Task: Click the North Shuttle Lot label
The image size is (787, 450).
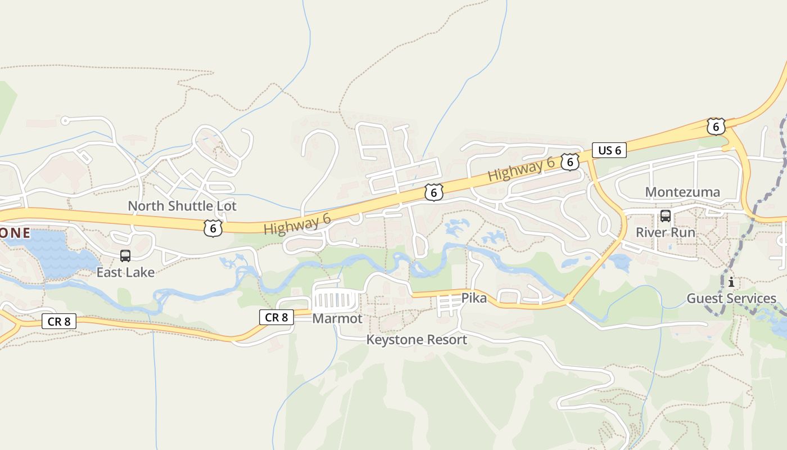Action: (182, 206)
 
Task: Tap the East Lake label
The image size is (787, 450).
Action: (125, 272)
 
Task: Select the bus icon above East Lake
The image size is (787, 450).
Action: (125, 256)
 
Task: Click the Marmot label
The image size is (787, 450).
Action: (337, 318)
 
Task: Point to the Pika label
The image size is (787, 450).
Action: (474, 298)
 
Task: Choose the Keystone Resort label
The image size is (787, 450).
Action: (417, 340)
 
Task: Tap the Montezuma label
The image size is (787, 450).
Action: (682, 192)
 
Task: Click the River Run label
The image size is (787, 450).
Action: (666, 232)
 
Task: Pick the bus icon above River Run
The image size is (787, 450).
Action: (666, 216)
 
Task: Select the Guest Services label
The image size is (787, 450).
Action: (731, 298)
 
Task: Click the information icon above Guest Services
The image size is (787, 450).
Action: (731, 282)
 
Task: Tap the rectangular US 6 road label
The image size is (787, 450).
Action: (609, 150)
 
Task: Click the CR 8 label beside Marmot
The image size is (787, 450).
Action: (276, 317)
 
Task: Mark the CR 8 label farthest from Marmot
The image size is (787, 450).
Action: (59, 321)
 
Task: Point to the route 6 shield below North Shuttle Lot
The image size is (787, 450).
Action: (213, 228)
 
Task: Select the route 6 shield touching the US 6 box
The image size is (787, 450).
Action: (570, 162)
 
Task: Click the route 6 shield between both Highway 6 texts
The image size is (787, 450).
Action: (433, 192)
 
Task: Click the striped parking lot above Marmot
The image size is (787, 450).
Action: (335, 300)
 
